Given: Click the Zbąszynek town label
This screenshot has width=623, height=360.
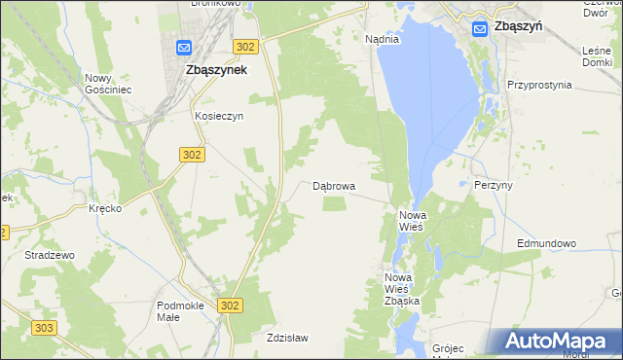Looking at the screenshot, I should point(216,70).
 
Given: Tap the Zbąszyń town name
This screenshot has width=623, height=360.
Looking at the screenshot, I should point(518,28).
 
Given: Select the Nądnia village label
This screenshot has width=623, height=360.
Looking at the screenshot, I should point(382,40).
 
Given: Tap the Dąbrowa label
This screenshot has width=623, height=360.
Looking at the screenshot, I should point(334,185).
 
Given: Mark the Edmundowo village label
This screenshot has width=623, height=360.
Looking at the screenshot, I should point(546,243).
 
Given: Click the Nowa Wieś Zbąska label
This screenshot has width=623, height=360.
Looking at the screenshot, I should point(401,289).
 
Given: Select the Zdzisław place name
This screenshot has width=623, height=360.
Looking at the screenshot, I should point(287,338).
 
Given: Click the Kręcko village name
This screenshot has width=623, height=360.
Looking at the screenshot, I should point(104,209).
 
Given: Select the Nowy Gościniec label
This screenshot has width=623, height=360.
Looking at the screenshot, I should point(108,84).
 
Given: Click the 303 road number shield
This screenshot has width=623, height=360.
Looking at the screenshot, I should point(42,328).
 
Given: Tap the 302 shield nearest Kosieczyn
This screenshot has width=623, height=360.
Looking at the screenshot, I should point(192,154).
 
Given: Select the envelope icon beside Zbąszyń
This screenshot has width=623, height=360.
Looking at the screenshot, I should point(479,29).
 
